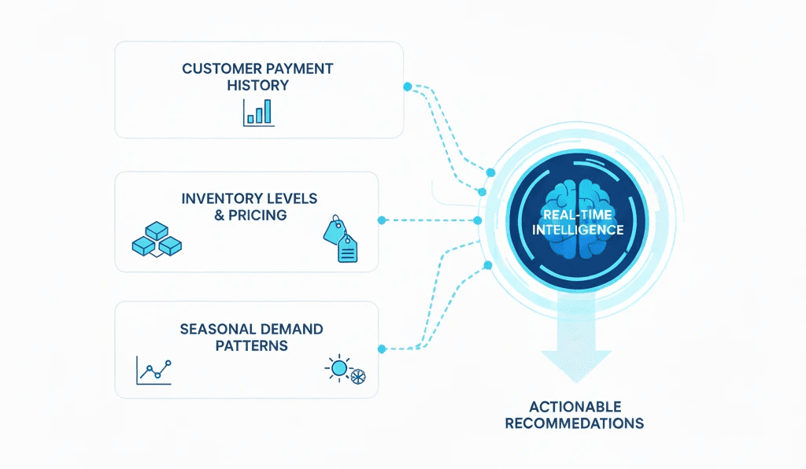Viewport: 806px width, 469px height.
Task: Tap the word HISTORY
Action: [257, 84]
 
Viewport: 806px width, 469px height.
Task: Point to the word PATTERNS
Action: [251, 345]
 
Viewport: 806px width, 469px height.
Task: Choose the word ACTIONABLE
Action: [575, 407]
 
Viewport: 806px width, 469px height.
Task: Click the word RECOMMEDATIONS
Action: [575, 423]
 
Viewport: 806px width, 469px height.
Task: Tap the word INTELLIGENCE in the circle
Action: [578, 230]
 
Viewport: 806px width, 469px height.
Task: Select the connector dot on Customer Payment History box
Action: [407, 86]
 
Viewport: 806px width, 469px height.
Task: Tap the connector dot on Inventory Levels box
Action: [382, 220]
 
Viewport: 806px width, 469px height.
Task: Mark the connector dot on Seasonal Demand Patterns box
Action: [382, 349]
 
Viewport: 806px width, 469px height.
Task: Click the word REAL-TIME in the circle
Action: [578, 214]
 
